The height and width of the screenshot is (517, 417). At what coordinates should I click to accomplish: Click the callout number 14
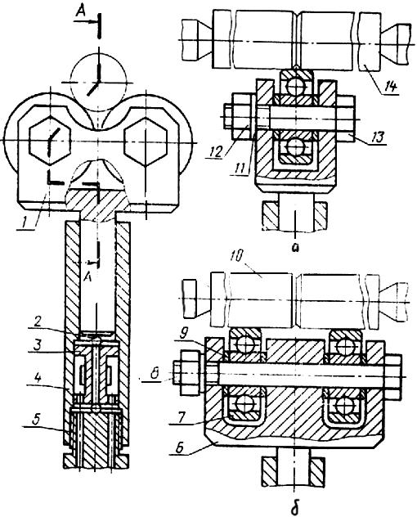[x=391, y=87]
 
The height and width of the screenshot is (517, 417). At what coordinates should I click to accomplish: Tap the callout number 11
[x=240, y=169]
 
